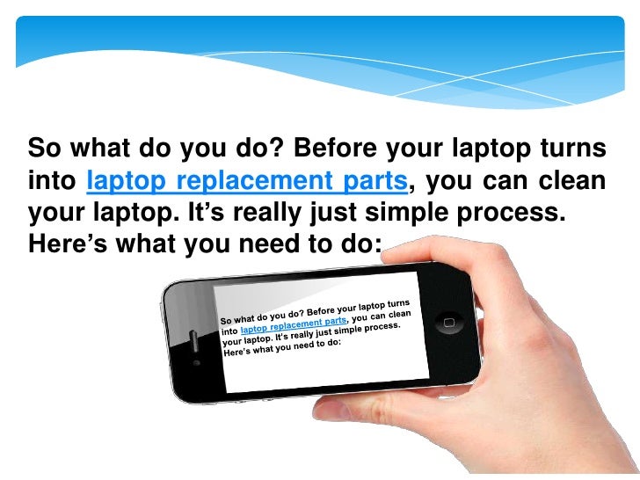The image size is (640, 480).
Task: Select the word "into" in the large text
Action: point(53,182)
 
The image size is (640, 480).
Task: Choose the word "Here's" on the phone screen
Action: point(238,353)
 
